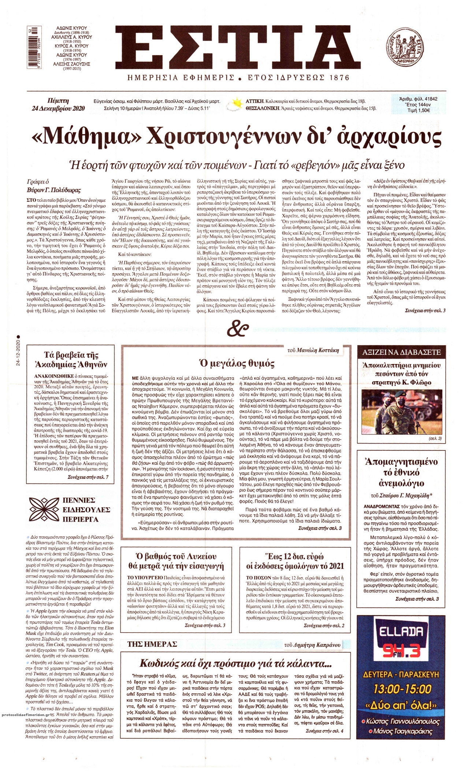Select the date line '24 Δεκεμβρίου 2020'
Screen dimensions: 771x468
[58, 108]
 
